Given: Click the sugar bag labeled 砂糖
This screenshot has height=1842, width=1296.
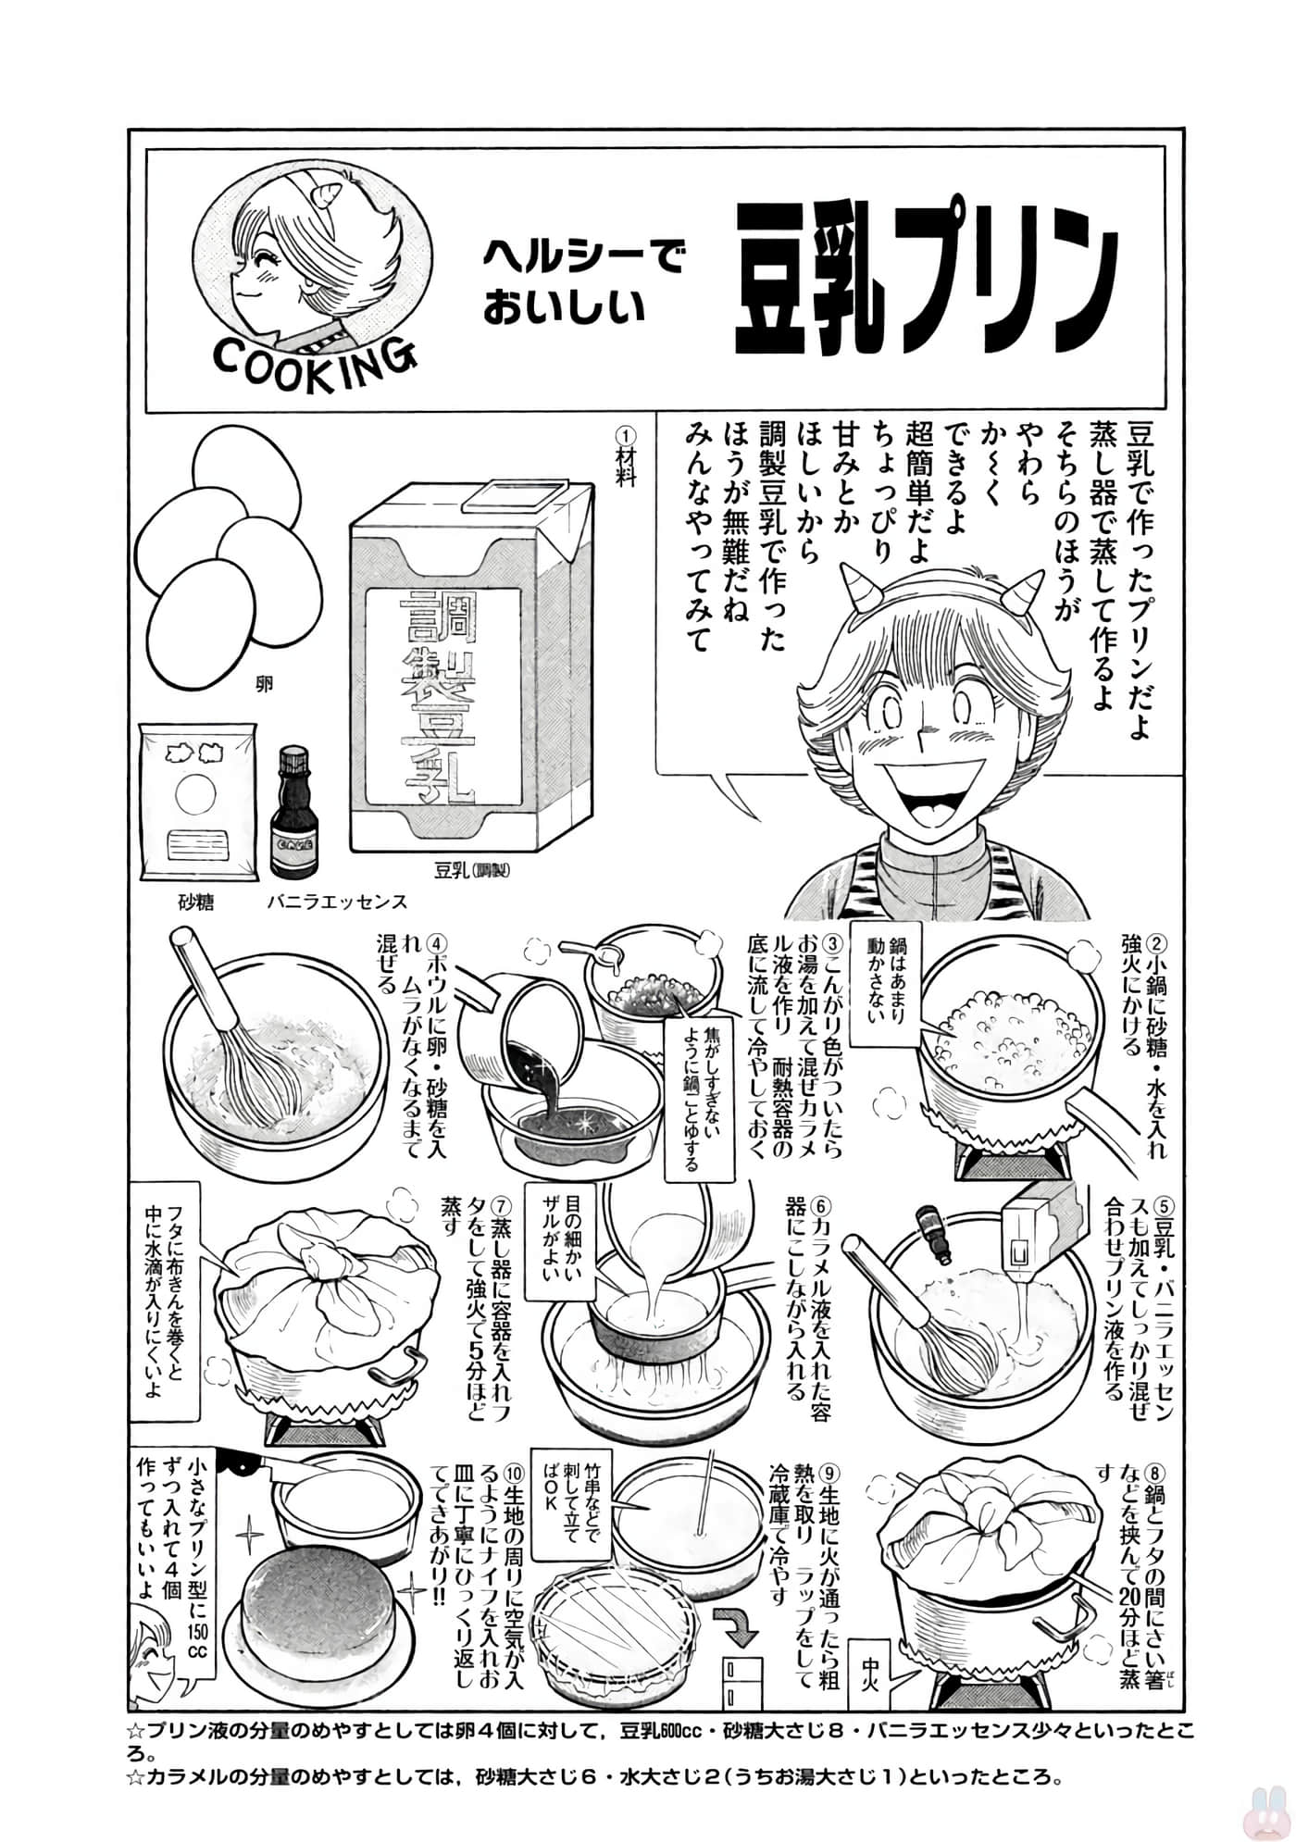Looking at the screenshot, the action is click(196, 804).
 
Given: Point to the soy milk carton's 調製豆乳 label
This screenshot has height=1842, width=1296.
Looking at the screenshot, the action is click(435, 698).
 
